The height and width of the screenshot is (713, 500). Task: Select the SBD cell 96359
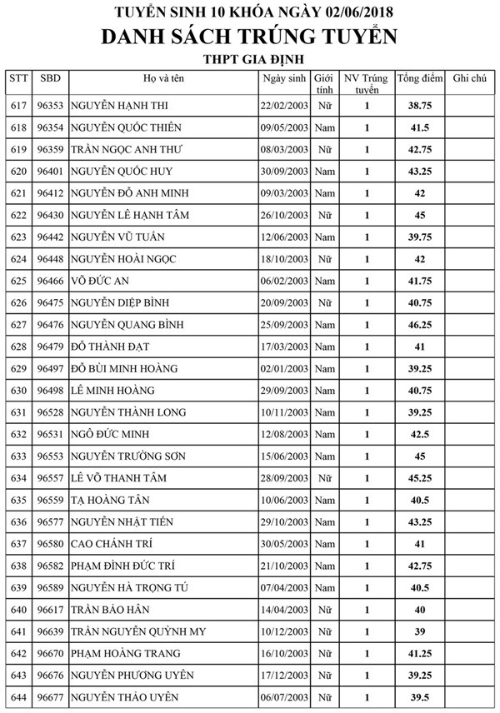click(51, 150)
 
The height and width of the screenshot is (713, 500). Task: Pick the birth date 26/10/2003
click(285, 215)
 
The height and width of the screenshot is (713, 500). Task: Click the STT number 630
click(19, 390)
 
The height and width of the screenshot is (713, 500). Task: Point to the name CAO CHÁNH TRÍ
click(122, 543)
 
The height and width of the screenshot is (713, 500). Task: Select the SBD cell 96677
click(51, 696)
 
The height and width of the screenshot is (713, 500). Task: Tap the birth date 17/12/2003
click(285, 674)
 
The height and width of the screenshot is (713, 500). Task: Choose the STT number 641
click(19, 631)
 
